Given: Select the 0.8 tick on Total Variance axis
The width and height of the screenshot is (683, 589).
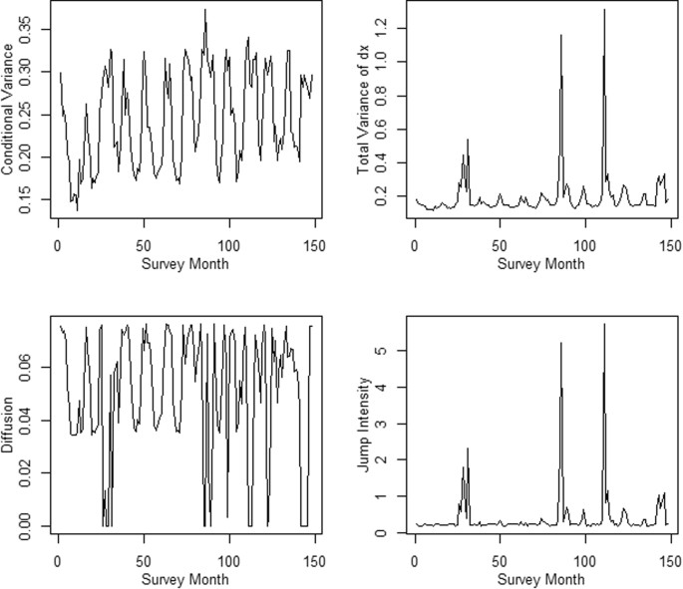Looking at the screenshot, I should point(384,96).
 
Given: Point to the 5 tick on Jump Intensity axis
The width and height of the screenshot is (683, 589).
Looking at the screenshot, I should point(384,351).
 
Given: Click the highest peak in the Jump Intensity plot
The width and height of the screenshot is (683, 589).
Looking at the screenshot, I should point(604,324).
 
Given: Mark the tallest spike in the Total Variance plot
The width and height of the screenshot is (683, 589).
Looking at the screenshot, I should point(604,10).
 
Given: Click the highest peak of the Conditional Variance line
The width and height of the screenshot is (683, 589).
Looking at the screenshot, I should point(204,10).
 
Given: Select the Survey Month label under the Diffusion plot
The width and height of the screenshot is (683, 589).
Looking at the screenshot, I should point(183,579).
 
